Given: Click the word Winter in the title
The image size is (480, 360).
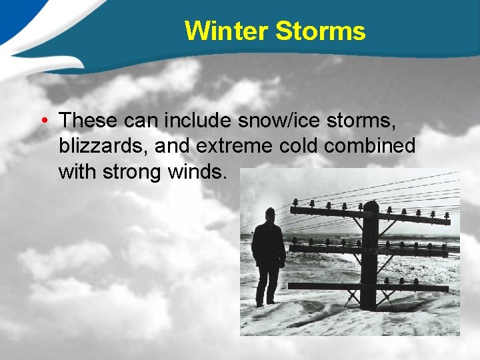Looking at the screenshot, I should coord(226,31).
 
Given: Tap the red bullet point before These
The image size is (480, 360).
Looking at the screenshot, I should coord(43,121).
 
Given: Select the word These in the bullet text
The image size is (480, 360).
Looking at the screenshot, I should coord(87,121).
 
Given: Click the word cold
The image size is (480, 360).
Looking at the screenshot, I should coord(296,146).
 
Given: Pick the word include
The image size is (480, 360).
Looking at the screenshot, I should coord(193,121).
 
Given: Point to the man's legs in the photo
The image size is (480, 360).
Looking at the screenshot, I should coord(268,285).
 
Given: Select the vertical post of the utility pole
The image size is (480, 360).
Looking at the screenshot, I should coord(369,260).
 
